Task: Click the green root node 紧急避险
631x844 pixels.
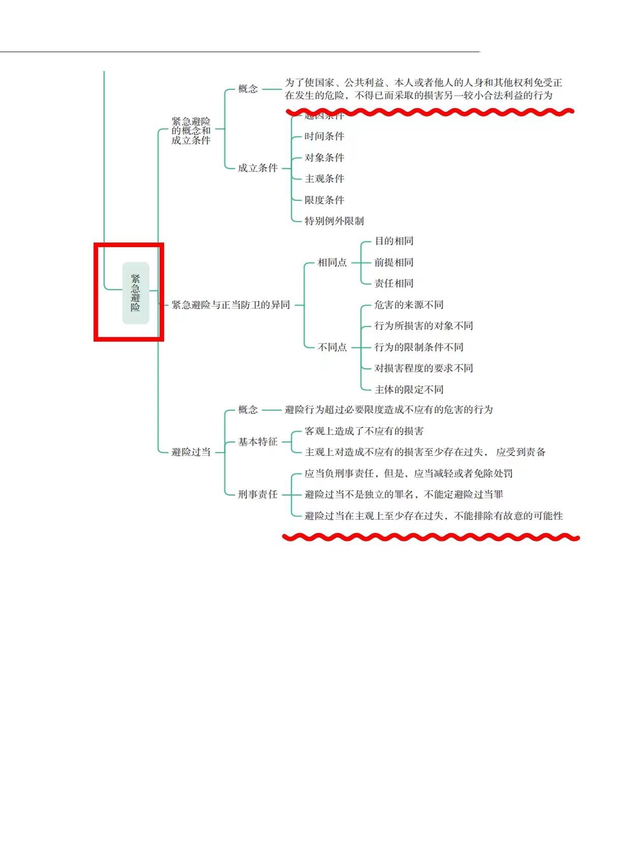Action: click(136, 293)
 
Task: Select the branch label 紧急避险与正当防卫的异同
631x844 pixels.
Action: click(231, 305)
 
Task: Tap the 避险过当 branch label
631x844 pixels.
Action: click(191, 452)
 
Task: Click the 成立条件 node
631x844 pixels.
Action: click(258, 168)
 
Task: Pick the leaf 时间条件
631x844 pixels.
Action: click(324, 136)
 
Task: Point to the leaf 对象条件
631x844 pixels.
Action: click(324, 158)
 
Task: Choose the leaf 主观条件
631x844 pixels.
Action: click(324, 178)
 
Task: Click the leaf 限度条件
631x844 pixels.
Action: click(324, 200)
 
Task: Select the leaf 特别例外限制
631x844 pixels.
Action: click(334, 221)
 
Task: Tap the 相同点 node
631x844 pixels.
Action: click(332, 262)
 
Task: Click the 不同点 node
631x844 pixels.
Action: click(332, 347)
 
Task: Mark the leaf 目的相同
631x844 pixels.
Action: click(394, 241)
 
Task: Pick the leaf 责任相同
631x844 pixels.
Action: click(394, 283)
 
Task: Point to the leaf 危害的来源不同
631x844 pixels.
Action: click(408, 305)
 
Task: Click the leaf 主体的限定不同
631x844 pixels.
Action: click(408, 389)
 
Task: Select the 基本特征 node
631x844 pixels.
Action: click(258, 442)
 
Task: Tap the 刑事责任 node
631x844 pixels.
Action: click(258, 494)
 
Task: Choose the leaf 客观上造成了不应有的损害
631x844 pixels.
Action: click(364, 431)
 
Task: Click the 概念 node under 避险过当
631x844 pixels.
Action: click(248, 410)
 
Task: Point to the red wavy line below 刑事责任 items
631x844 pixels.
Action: click(431, 537)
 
